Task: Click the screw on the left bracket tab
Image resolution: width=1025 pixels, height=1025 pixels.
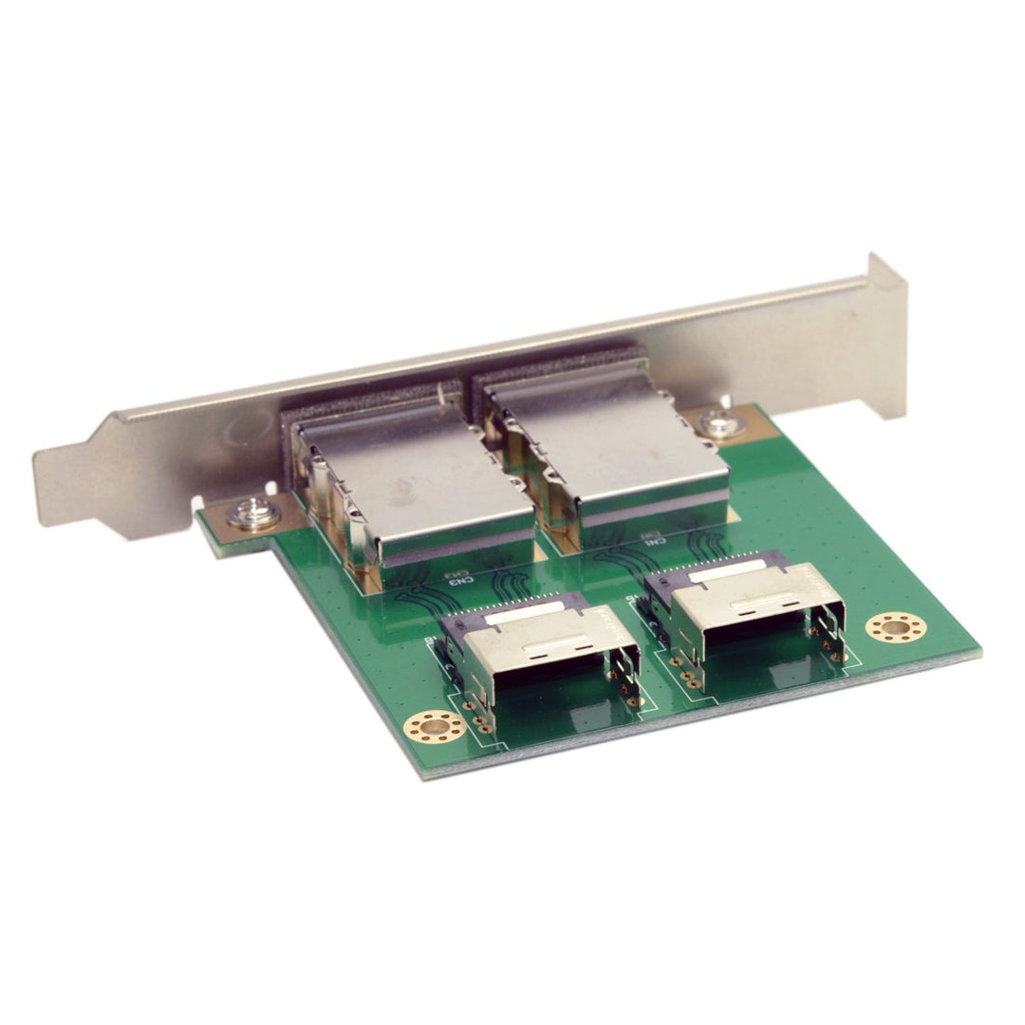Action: (x=255, y=513)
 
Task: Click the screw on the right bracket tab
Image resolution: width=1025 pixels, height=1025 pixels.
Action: (x=721, y=424)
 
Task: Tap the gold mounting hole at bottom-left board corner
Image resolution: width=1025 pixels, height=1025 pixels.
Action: (x=435, y=727)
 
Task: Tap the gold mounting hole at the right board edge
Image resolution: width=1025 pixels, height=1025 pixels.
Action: (x=896, y=627)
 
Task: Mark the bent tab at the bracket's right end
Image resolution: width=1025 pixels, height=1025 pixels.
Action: (x=887, y=275)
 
